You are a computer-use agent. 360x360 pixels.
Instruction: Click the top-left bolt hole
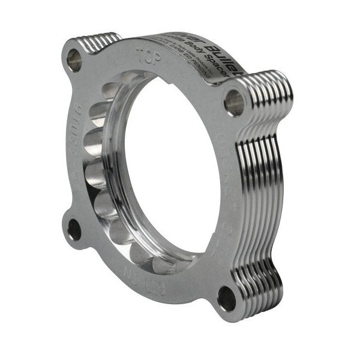[74, 59]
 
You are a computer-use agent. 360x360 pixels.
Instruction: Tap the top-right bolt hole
[234, 103]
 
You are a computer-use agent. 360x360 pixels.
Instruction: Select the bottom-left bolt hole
[74, 229]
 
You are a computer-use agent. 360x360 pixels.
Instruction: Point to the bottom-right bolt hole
[227, 298]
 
